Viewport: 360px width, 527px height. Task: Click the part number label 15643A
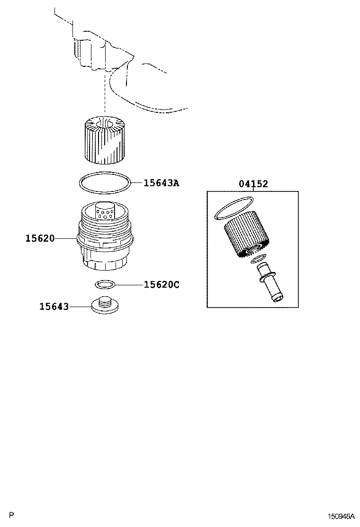pyautogui.click(x=161, y=183)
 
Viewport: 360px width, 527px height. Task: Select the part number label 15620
pyautogui.click(x=40, y=238)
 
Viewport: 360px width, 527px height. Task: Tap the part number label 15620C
pyautogui.click(x=162, y=285)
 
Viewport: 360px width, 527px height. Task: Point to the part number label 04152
pyautogui.click(x=253, y=184)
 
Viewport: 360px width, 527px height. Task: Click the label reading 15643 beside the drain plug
pyautogui.click(x=54, y=307)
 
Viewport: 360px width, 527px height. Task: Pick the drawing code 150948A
pyautogui.click(x=341, y=516)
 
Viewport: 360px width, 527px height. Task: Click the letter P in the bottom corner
pyautogui.click(x=11, y=515)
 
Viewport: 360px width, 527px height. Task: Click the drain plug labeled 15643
pyautogui.click(x=105, y=305)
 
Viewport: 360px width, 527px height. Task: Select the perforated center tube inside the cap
pyautogui.click(x=105, y=211)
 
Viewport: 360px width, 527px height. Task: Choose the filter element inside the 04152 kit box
pyautogui.click(x=246, y=235)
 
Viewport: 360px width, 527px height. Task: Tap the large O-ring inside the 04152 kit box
pyautogui.click(x=234, y=208)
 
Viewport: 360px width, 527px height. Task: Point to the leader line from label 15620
pyautogui.click(x=66, y=238)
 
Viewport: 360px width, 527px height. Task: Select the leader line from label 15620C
pyautogui.click(x=129, y=285)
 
